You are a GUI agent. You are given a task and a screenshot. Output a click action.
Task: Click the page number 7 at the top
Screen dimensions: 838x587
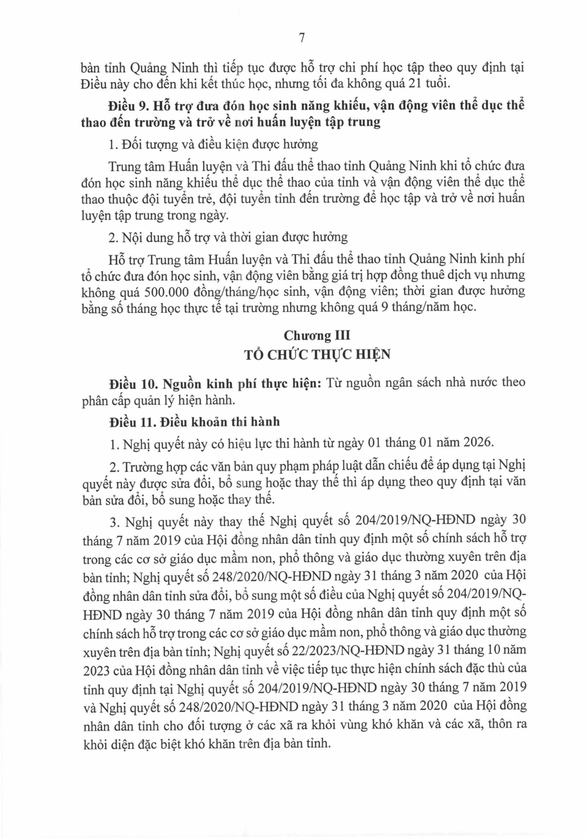click(302, 38)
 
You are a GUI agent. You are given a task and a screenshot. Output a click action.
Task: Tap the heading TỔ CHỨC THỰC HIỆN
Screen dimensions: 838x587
click(317, 355)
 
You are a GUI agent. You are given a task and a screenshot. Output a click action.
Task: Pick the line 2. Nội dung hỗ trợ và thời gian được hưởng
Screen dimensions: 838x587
click(228, 237)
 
